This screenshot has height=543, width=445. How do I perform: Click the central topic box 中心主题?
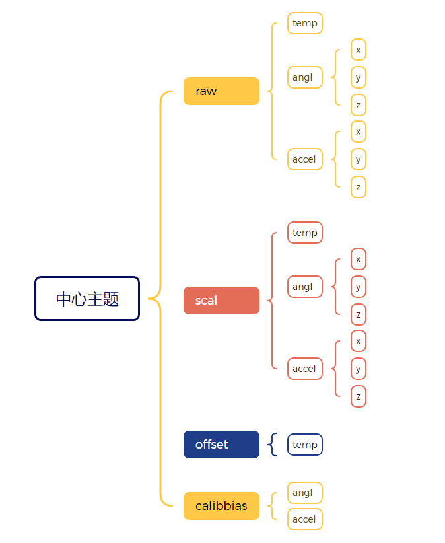tap(87, 299)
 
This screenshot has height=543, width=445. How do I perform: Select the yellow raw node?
tap(221, 91)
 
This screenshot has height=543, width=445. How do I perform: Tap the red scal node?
tap(221, 301)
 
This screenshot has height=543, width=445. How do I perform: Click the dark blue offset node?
tap(221, 445)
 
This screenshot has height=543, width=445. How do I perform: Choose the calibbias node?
tap(221, 506)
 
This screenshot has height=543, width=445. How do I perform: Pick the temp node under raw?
tap(305, 23)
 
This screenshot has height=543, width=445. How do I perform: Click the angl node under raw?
tap(304, 77)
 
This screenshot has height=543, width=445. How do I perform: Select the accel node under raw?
tap(304, 159)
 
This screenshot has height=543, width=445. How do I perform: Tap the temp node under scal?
tap(305, 233)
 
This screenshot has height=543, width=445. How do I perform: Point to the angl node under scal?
tap(304, 287)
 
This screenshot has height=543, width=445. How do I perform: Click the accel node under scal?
tap(304, 369)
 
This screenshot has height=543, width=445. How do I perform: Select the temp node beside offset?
tap(305, 445)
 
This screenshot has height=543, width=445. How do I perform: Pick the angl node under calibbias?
tap(304, 493)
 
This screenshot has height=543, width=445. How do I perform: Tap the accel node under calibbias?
tap(304, 519)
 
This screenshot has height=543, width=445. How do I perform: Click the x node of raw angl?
tap(359, 50)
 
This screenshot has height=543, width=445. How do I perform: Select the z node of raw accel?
tap(359, 187)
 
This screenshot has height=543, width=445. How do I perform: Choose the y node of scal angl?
tap(359, 287)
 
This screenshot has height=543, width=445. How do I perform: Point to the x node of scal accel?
tap(359, 341)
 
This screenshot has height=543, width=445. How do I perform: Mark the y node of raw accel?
tap(359, 159)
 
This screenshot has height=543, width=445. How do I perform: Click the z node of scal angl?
tap(359, 314)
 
